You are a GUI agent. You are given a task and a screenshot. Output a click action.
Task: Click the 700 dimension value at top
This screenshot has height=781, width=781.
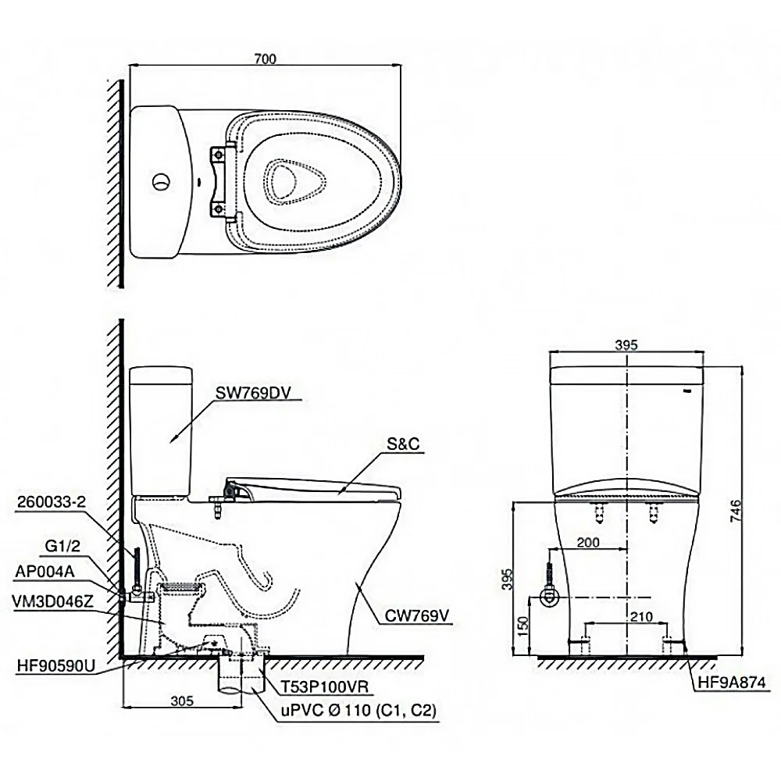tap(265, 59)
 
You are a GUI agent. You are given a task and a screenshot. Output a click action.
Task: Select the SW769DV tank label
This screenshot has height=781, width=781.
tap(252, 393)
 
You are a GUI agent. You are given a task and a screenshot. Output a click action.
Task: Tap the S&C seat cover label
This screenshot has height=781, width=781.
tap(403, 444)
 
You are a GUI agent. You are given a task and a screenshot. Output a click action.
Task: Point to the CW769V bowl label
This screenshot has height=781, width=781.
tap(417, 616)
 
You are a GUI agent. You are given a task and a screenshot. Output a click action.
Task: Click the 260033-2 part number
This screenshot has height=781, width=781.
tap(52, 502)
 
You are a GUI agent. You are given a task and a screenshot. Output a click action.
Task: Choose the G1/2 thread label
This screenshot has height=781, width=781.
tap(62, 547)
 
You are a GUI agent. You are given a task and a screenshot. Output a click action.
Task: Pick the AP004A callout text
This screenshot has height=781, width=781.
tap(45, 572)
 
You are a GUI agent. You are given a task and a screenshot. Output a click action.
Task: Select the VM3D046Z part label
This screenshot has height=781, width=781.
tap(52, 601)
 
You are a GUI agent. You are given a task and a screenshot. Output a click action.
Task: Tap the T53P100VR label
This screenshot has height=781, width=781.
tap(325, 687)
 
